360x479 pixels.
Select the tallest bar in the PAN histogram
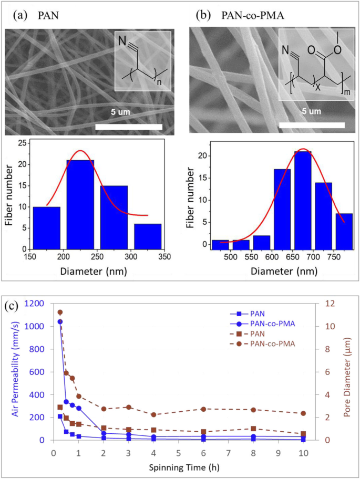click(x=80, y=205)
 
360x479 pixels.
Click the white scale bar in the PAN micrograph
click(x=129, y=127)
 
